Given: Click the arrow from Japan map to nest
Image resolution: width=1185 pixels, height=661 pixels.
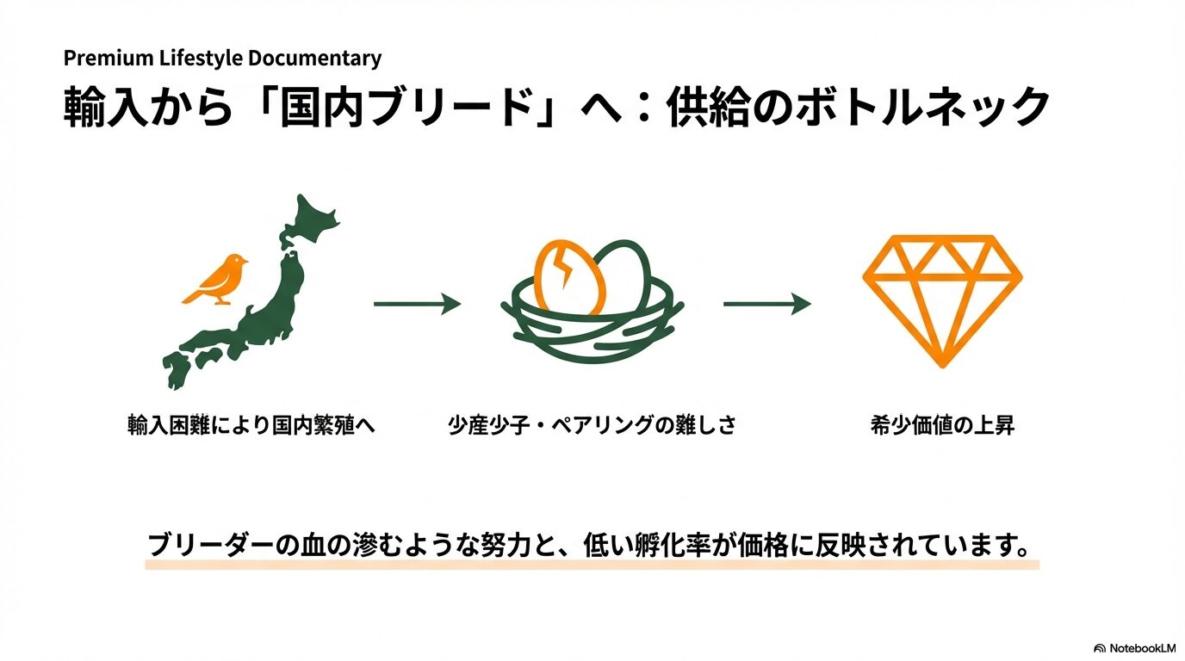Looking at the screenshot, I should coord(417,304).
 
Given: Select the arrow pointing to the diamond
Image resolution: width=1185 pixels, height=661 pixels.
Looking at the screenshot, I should coord(766,304).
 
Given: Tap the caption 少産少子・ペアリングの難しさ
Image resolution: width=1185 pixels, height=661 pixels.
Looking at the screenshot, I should coord(592,425).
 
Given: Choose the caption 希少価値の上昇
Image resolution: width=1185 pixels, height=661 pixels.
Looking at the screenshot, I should coord(942,425).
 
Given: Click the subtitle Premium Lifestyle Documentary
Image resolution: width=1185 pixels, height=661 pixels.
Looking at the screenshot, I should coord(222,59).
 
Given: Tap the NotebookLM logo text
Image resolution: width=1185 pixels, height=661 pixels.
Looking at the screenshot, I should coord(1141,647).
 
